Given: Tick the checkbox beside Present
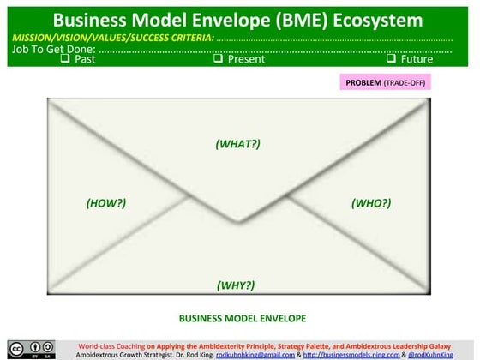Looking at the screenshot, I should pos(218,59).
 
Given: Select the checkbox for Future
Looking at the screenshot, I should pos(391,59).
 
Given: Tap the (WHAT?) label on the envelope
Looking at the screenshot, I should pos(237,143).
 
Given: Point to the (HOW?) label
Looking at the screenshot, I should pos(106,203).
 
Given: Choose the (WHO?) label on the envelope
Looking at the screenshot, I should pos(371,203).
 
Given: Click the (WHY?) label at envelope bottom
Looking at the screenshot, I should pos(235,285).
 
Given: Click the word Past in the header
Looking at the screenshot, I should pos(83,59).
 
